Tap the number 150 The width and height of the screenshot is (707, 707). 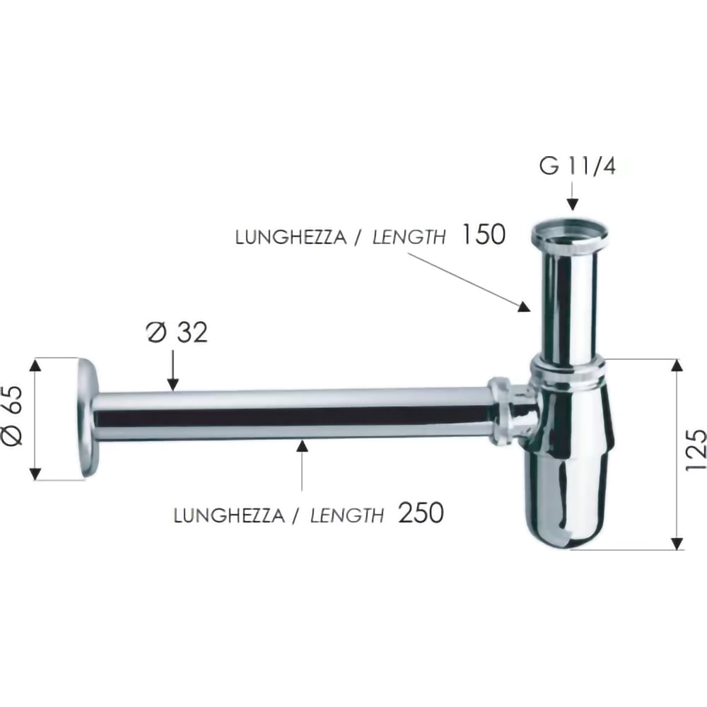(483, 235)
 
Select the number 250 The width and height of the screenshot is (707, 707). (421, 513)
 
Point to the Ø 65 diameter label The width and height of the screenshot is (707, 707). (16, 419)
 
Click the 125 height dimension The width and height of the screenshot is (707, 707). (695, 450)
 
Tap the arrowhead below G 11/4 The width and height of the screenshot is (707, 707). (573, 204)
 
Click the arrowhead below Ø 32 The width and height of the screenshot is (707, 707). (173, 382)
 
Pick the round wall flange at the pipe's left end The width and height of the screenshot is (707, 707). (88, 418)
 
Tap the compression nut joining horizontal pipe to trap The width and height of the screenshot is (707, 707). (502, 412)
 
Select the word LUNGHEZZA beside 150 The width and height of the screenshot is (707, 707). (291, 238)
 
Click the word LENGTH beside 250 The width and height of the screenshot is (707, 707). (347, 515)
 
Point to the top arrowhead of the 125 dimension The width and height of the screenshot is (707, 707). (677, 366)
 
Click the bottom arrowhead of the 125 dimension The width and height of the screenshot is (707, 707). (677, 543)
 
